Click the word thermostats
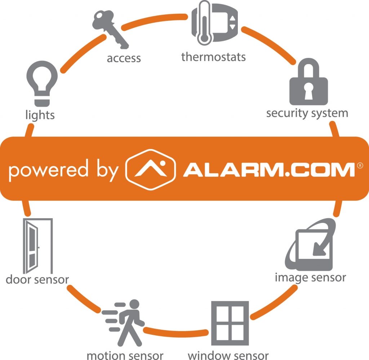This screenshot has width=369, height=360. pos(213,57)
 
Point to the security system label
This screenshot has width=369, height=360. pos(307,113)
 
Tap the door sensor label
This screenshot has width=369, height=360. pos(37,279)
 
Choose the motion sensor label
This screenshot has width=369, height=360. pos(125,355)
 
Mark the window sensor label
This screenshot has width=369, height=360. pos(228,355)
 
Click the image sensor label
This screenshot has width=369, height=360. pos(310,278)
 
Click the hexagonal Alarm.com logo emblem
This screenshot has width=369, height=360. pos(150,169)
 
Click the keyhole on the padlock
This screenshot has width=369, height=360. pos(308,93)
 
